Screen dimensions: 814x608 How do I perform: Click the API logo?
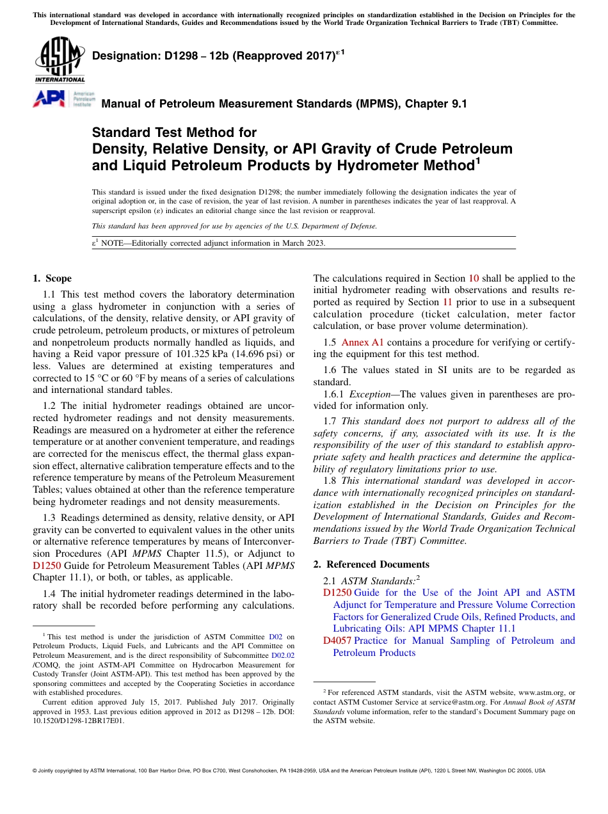pos(48,99)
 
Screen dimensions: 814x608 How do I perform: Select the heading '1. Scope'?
pos(52,278)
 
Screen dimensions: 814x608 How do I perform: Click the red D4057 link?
pos(337,641)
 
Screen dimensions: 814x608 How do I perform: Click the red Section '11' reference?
pos(448,302)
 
